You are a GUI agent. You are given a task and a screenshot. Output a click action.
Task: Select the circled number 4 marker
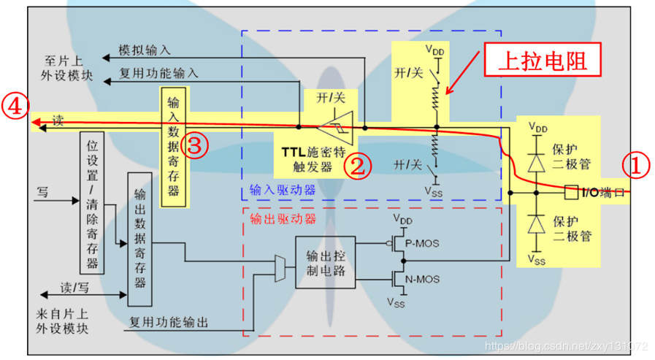click(15, 107)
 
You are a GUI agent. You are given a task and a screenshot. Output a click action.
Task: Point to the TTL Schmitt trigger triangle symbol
click(337, 126)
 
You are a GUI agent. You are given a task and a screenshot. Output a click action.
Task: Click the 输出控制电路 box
click(325, 261)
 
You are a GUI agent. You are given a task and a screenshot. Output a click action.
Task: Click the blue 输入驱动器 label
click(272, 191)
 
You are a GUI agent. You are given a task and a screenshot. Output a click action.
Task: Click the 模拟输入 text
click(145, 50)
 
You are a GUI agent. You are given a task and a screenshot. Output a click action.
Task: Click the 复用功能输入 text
click(158, 74)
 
